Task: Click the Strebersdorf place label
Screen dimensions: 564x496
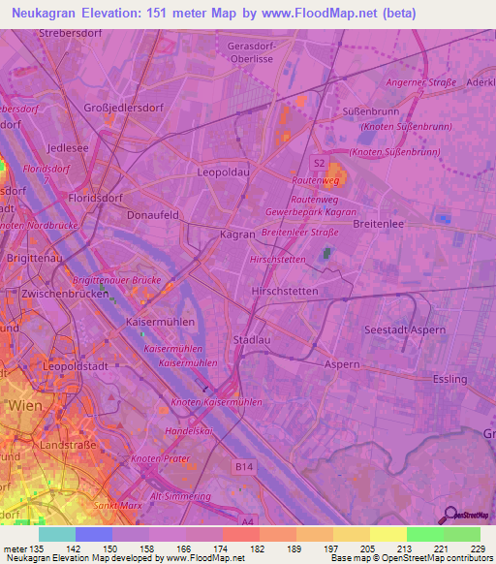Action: pyautogui.click(x=71, y=33)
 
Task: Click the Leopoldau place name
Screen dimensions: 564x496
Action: pyautogui.click(x=224, y=172)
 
